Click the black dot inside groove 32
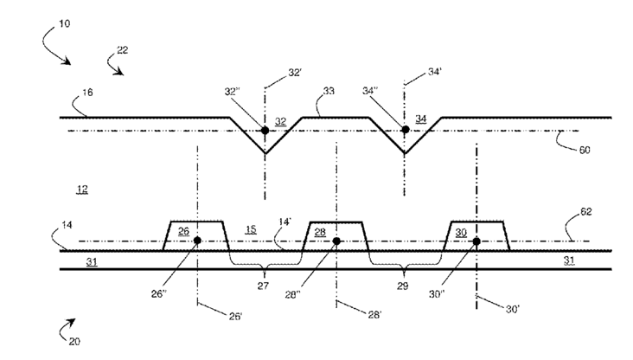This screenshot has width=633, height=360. pyautogui.click(x=265, y=131)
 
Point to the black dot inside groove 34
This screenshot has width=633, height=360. pyautogui.click(x=405, y=131)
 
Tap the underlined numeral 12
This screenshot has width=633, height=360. pyautogui.click(x=81, y=188)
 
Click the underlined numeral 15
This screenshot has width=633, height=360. pyautogui.click(x=251, y=230)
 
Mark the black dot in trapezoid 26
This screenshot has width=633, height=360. pyautogui.click(x=198, y=241)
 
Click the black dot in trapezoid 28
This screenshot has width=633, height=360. pyautogui.click(x=336, y=241)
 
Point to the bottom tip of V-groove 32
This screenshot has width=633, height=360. pyautogui.click(x=265, y=154)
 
